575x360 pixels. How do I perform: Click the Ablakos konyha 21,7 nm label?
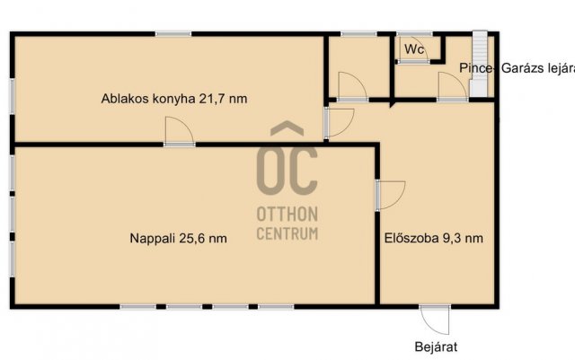tap(173, 99)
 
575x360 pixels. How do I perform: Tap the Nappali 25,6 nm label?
tap(177, 239)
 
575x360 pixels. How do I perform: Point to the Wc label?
tap(414, 49)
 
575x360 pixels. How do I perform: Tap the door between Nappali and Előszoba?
tap(390, 194)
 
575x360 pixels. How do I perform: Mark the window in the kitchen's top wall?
tap(172, 34)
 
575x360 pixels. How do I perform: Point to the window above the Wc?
tap(413, 34)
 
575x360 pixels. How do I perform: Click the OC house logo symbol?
tap(287, 160)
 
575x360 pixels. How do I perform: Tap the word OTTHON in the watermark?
tap(287, 216)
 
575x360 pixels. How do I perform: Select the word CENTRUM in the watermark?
tap(287, 234)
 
